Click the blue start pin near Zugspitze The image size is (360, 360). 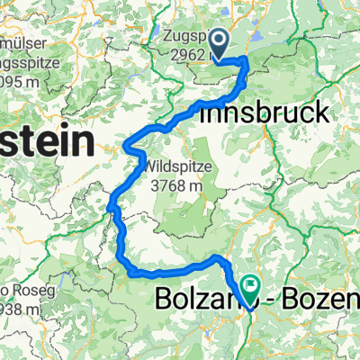(x=217, y=40)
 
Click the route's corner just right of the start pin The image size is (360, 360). (x=245, y=61)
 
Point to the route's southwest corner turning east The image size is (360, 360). (x=122, y=263)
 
